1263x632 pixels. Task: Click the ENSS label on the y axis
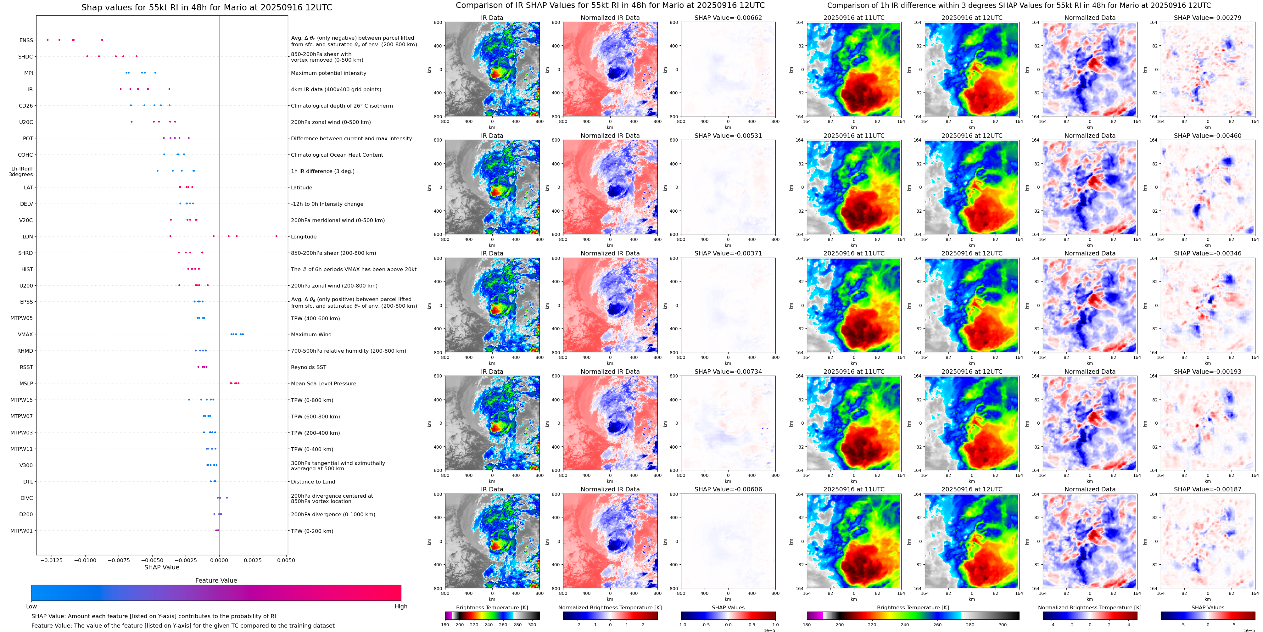pyautogui.click(x=26, y=41)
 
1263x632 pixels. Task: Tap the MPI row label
pyautogui.click(x=28, y=73)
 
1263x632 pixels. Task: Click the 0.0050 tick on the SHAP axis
pyautogui.click(x=286, y=560)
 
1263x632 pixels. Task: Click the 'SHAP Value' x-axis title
pyautogui.click(x=161, y=567)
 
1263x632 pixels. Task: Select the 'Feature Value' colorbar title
pyautogui.click(x=216, y=580)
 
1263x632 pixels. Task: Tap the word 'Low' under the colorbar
pyautogui.click(x=31, y=607)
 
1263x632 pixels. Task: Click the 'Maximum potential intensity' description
pyautogui.click(x=328, y=73)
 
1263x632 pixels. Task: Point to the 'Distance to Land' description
pyautogui.click(x=313, y=482)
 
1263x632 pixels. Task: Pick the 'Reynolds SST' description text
pyautogui.click(x=308, y=367)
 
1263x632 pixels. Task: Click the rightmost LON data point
pyautogui.click(x=277, y=236)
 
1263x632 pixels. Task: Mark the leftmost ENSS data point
pyautogui.click(x=48, y=40)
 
